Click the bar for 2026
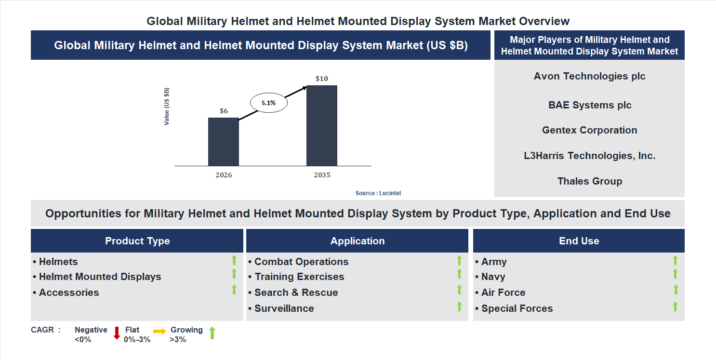coord(224,142)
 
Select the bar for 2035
coord(322,126)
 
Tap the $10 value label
coord(322,79)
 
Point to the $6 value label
coord(224,111)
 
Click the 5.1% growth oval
coord(268,103)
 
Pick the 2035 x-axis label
coord(322,175)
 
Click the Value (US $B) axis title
coord(167,107)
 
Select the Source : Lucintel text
coord(378,193)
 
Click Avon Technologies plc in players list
coord(589,76)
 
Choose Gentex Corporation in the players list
coord(589,130)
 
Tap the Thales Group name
coord(589,181)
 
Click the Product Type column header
coord(137,241)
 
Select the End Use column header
coord(579,241)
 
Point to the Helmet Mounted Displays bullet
coord(100,277)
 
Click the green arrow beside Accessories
coord(234,290)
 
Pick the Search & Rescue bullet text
coord(296,293)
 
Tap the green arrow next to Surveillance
coord(459,306)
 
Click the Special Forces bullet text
coord(517,308)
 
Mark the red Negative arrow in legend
coord(117,333)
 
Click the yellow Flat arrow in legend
coord(159,331)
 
